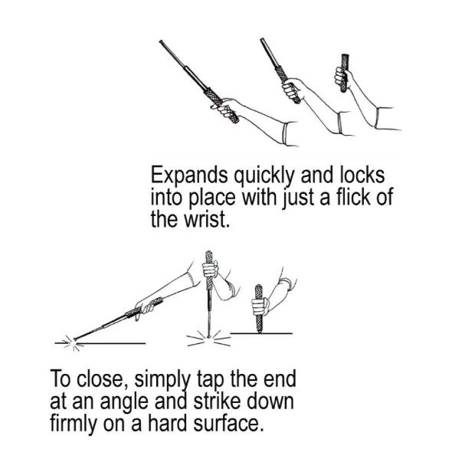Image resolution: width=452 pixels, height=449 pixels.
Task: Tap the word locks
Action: [362, 175]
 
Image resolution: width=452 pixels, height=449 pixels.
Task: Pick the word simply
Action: [162, 380]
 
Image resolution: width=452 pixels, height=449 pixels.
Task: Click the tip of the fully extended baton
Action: [161, 41]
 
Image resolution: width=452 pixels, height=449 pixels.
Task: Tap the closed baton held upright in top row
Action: [344, 73]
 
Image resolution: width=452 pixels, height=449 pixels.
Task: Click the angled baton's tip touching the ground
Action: [75, 339]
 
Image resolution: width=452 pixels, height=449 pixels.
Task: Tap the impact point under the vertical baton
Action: [208, 336]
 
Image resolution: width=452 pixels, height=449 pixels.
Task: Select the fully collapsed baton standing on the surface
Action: [259, 309]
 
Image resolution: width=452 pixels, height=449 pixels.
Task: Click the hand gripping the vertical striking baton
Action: [210, 269]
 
